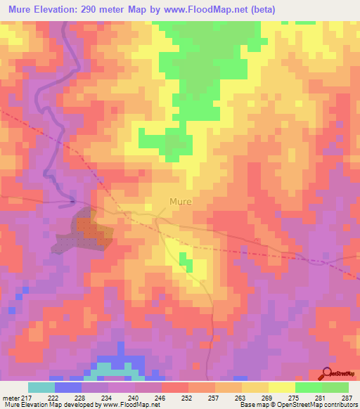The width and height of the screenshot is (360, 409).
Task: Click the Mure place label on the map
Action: pos(180,202)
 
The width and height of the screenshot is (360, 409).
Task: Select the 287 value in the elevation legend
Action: pos(345,398)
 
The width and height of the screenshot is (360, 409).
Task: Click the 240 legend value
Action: pos(136,398)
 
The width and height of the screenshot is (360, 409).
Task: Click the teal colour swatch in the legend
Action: pos(41,387)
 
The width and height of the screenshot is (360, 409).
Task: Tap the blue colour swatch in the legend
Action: pos(68,387)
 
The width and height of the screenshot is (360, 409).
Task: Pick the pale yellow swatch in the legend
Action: pos(281,387)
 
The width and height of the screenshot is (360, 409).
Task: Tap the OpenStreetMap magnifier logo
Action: pos(328,373)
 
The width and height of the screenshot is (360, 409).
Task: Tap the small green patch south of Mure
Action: pos(186,264)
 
